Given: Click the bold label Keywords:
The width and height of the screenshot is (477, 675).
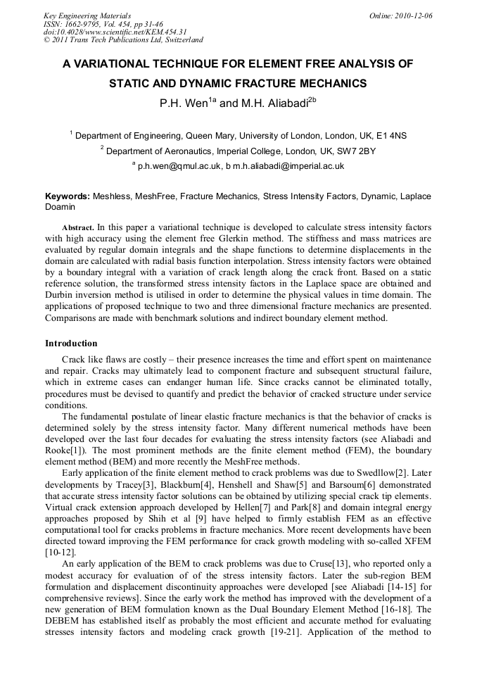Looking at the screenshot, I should (68, 196).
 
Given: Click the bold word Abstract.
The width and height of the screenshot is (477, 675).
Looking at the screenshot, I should (77, 228).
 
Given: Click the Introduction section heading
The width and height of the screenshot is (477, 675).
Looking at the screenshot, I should (71, 343).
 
